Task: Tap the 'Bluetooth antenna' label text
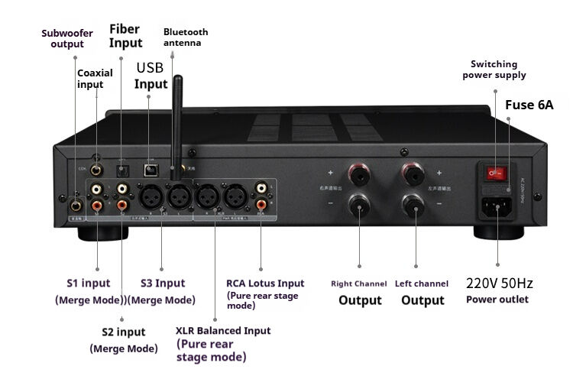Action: pos(185,37)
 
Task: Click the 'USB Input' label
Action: pos(151,76)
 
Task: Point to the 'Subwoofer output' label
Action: pos(67,38)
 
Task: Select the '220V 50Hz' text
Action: pos(499,283)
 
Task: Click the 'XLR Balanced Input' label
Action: pos(222,331)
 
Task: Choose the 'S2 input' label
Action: pos(123,332)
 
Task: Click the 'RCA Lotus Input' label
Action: pos(265,283)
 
